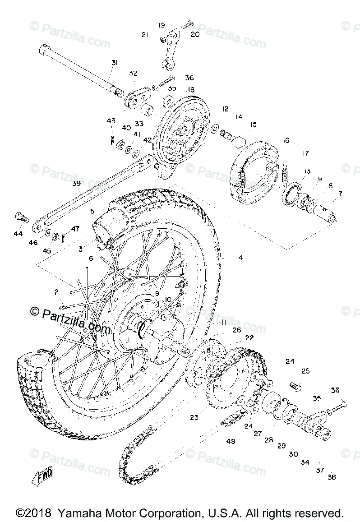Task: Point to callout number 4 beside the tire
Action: [240, 258]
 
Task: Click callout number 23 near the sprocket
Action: [194, 418]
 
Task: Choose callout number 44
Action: [18, 234]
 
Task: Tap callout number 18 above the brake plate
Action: [191, 89]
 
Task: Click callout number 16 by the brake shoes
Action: [286, 140]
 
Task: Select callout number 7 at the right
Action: [340, 194]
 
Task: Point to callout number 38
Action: [332, 477]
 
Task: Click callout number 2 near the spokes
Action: [57, 291]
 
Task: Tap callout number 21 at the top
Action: [145, 34]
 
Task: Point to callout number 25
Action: [305, 371]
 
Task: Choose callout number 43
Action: [111, 120]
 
